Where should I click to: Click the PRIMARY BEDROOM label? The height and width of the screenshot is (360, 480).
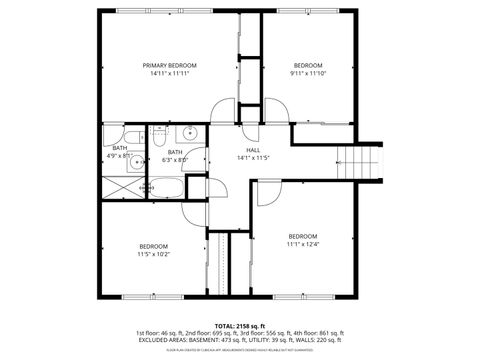pyautogui.click(x=168, y=65)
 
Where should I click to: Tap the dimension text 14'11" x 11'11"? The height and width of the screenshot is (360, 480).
pyautogui.click(x=168, y=73)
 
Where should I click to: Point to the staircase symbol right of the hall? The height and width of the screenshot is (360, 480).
pyautogui.click(x=355, y=160)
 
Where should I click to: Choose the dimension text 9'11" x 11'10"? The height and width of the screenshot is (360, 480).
pyautogui.click(x=308, y=73)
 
